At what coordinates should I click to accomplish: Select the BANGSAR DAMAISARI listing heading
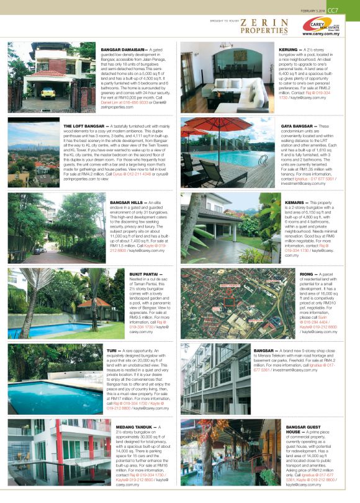coord(122,48)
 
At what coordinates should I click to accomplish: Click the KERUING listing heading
coord(293,48)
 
